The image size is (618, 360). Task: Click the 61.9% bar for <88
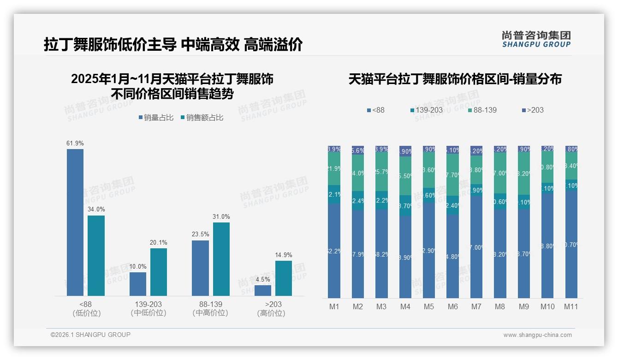(75, 222)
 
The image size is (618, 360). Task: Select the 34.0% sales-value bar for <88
(96, 255)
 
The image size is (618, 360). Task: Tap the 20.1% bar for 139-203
(159, 272)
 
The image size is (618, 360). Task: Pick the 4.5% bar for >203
(263, 290)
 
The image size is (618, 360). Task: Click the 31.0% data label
(221, 217)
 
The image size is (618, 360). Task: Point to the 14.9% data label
(284, 255)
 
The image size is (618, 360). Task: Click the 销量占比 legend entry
(156, 118)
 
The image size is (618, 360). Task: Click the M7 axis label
(476, 307)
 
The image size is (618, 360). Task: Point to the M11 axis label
(571, 307)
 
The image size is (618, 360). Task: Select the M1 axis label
(334, 307)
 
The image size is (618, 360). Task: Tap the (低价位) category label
(86, 313)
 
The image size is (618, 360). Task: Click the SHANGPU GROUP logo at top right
(536, 39)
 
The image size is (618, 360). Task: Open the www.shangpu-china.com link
(537, 335)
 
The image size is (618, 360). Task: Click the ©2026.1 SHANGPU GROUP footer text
(90, 335)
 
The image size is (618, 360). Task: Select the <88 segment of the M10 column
(547, 246)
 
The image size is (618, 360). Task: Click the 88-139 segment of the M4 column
(405, 176)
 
